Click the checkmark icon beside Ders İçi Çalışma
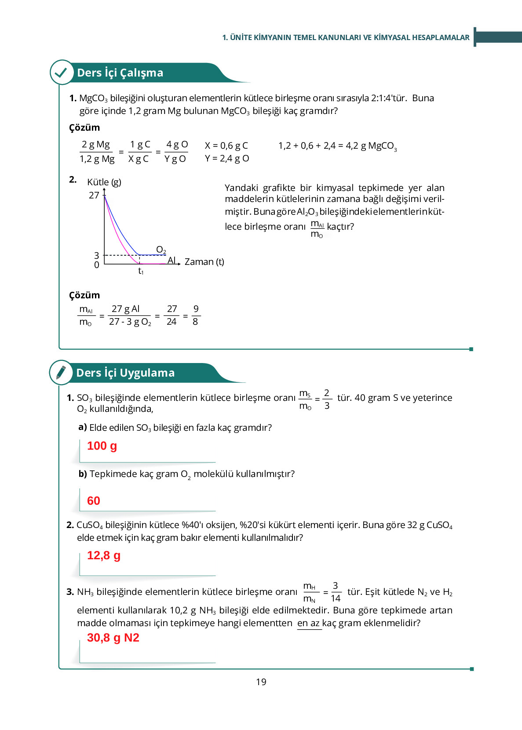pyautogui.click(x=62, y=72)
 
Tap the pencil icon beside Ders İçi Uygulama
pyautogui.click(x=61, y=372)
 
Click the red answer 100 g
pyautogui.click(x=102, y=446)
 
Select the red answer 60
pyautogui.click(x=94, y=501)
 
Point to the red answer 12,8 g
pyautogui.click(x=104, y=555)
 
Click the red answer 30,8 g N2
pyautogui.click(x=113, y=638)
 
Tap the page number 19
pyautogui.click(x=261, y=682)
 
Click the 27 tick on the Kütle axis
pyautogui.click(x=94, y=195)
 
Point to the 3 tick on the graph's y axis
pyautogui.click(x=97, y=255)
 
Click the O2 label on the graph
pyautogui.click(x=161, y=249)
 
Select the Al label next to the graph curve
pyautogui.click(x=172, y=260)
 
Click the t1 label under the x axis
pyautogui.click(x=141, y=271)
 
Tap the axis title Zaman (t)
pyautogui.click(x=204, y=262)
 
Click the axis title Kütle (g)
pyautogui.click(x=104, y=182)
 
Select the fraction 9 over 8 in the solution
pyautogui.click(x=196, y=315)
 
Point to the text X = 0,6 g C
pyautogui.click(x=226, y=145)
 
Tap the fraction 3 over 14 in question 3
pyautogui.click(x=336, y=592)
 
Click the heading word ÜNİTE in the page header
pyautogui.click(x=241, y=37)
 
